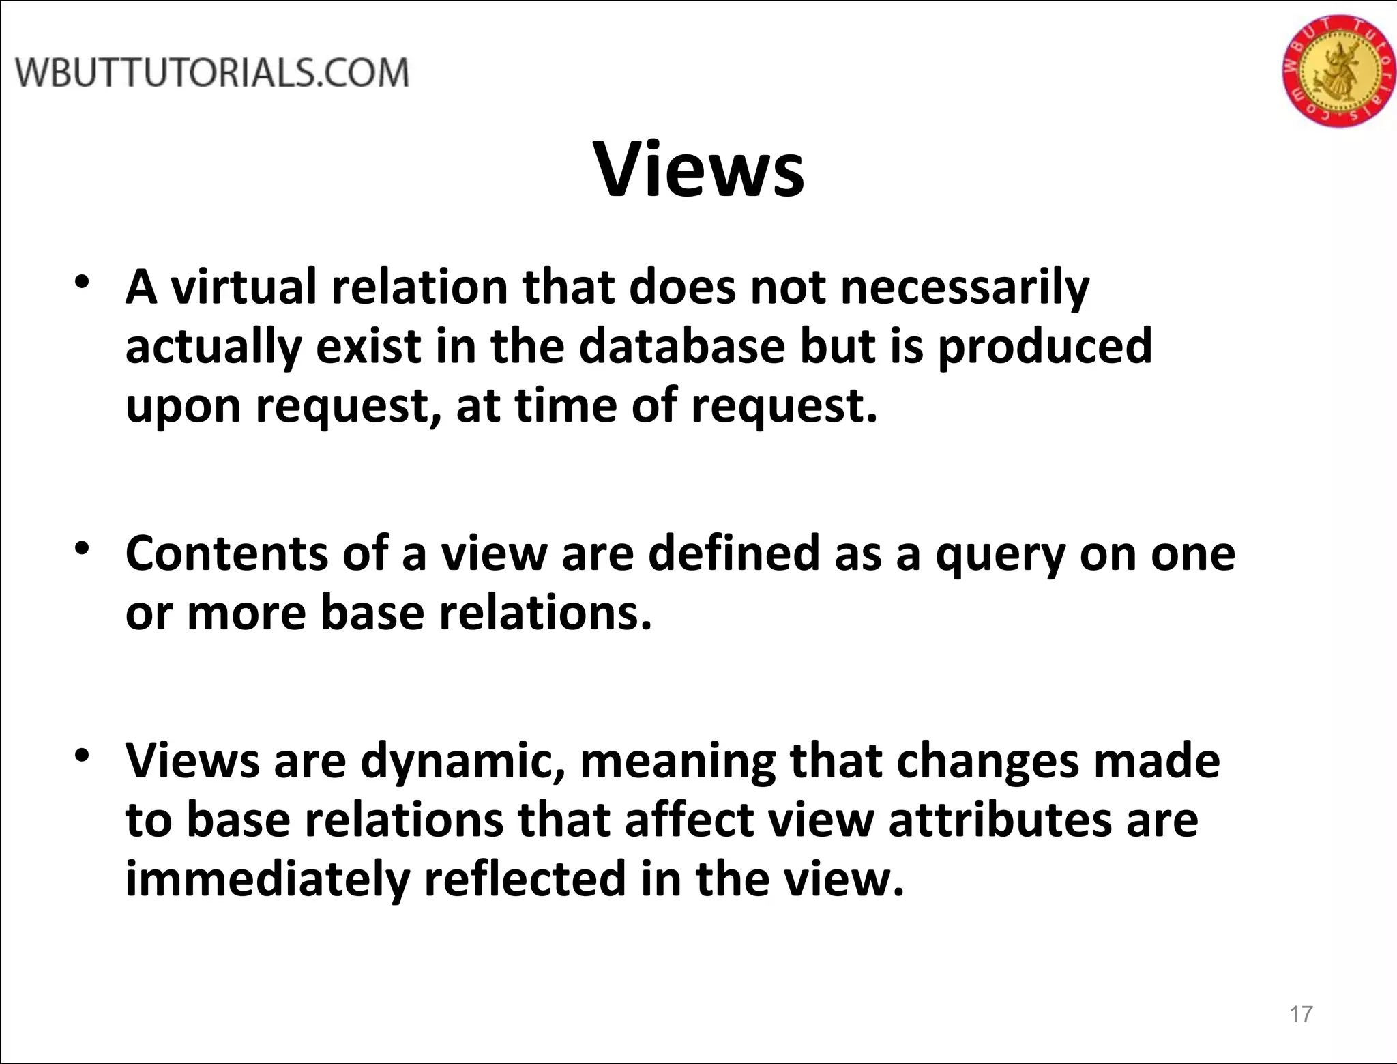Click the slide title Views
coord(700,169)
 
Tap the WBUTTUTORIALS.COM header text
coord(212,73)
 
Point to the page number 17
coord(1301,1014)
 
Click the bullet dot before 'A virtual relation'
coord(83,283)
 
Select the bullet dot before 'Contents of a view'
coord(83,549)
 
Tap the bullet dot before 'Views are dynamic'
coord(83,756)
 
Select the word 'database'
coord(682,345)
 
